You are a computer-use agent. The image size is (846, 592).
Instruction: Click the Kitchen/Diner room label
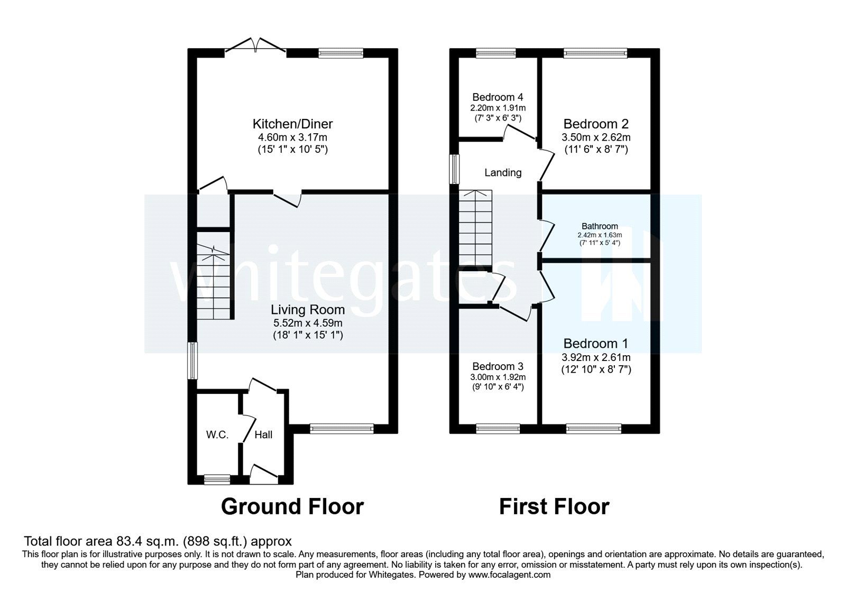[x=292, y=124]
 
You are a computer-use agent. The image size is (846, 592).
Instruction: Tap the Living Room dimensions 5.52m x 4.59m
[x=308, y=322]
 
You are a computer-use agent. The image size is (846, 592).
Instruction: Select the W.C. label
[x=217, y=435]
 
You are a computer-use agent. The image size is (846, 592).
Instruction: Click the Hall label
[x=263, y=435]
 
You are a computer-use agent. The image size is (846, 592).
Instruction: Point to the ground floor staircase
[x=214, y=283]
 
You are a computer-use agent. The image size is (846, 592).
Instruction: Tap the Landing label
[x=503, y=173]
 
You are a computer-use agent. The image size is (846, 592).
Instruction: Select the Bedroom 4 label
[x=498, y=97]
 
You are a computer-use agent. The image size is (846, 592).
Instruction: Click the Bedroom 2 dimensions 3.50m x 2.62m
[x=596, y=137]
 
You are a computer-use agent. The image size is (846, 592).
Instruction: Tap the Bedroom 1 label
[x=596, y=344]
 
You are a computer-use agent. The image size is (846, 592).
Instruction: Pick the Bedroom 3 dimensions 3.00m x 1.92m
[x=498, y=377]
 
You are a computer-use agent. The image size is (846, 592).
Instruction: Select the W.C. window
[x=217, y=479]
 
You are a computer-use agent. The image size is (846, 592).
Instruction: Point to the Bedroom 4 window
[x=492, y=52]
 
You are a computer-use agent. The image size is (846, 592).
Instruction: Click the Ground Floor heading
[x=292, y=506]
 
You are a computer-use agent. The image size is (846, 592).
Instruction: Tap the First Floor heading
[x=554, y=506]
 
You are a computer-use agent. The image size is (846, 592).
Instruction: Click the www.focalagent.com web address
[x=509, y=575]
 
